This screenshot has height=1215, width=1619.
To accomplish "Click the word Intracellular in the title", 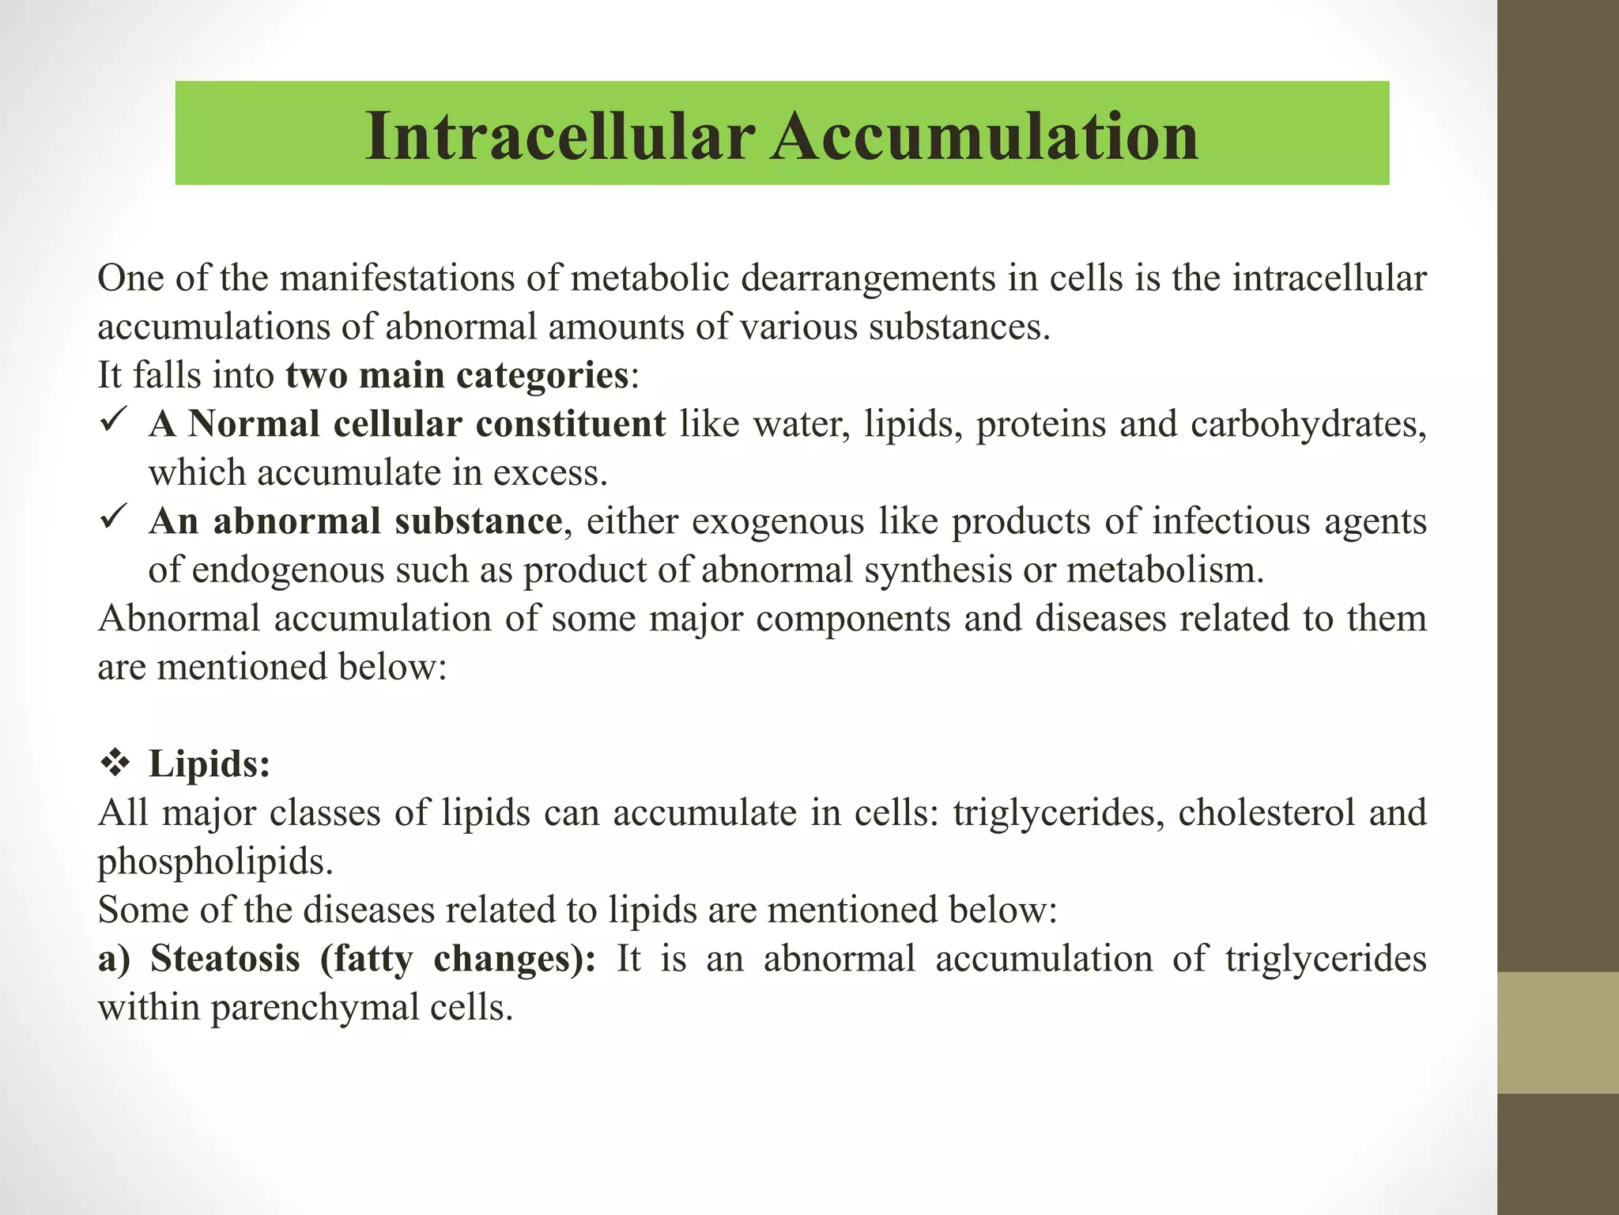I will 560,136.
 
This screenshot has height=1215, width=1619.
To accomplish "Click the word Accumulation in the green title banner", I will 985,136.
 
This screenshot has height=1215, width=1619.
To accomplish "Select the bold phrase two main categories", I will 457,375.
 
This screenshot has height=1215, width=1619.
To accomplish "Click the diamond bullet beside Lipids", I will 115,763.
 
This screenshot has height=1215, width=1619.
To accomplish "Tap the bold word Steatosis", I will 225,959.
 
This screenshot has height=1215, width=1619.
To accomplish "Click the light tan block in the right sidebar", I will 1558,1032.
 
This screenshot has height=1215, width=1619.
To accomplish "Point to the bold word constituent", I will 570,424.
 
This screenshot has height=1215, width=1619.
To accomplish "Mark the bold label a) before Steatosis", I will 114,959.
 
